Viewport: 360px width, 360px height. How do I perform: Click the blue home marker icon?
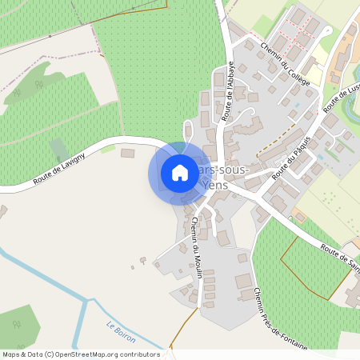(180, 173)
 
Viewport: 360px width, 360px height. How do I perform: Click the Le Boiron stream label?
(121, 332)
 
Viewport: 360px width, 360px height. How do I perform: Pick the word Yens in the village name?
(216, 185)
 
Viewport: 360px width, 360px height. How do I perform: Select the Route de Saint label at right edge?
(340, 259)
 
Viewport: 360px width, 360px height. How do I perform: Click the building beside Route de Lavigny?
(128, 154)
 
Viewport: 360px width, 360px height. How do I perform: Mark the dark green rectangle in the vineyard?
(58, 150)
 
